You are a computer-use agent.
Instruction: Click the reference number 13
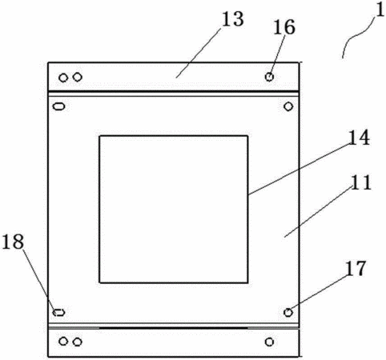[x=233, y=19]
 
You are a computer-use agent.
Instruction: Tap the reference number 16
[x=284, y=27]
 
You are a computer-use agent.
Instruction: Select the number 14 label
[x=360, y=138]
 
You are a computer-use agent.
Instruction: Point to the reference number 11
[x=361, y=182]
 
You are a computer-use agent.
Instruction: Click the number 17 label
[x=356, y=268]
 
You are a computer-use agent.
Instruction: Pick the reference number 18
[x=13, y=242]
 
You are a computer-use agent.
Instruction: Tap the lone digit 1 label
[x=380, y=10]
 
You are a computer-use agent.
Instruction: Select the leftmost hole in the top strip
[x=63, y=78]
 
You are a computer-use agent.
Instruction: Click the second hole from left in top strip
[x=78, y=77]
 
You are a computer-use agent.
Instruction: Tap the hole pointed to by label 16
[x=269, y=77]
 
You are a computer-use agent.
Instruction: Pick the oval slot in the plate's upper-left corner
[x=59, y=106]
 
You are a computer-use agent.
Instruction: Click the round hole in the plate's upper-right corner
[x=288, y=106]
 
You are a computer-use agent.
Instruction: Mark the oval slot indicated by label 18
[x=58, y=312]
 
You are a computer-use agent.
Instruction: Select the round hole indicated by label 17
[x=288, y=312]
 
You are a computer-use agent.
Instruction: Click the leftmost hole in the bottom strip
[x=63, y=342]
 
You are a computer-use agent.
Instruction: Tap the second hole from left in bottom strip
[x=78, y=342]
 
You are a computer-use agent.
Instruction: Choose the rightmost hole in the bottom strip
[x=269, y=342]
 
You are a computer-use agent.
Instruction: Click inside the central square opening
[x=174, y=210]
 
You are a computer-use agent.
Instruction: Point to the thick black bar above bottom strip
[x=174, y=328]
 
